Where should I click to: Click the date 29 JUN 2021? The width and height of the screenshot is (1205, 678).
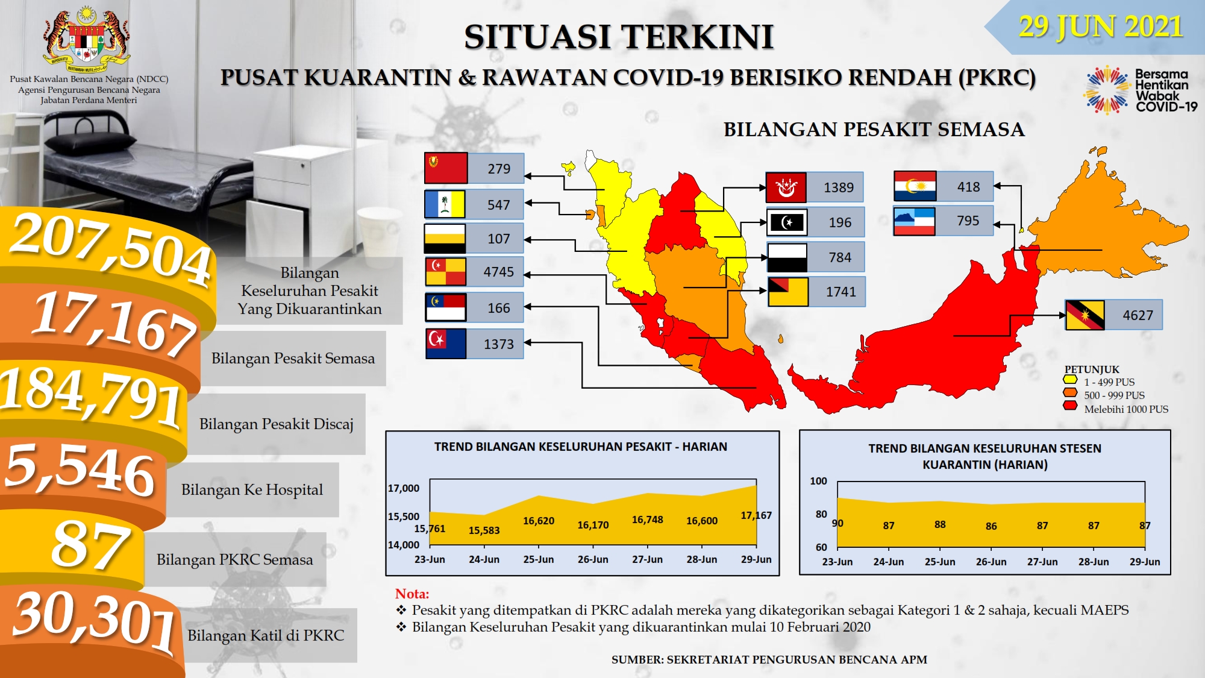pos(1101,27)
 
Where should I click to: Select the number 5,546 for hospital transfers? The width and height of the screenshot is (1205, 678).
pos(80,469)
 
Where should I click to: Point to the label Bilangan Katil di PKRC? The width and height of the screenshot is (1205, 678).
pos(266,635)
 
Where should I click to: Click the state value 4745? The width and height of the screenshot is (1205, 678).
pos(499,272)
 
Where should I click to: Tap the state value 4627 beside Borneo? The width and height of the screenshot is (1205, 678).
pos(1138,315)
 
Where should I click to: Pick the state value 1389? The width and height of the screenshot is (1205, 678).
pos(839,187)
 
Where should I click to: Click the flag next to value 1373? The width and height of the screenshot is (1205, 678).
pos(446,344)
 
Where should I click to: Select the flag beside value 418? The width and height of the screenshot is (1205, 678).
pos(915,186)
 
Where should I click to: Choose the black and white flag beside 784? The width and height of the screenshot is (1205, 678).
pos(787,257)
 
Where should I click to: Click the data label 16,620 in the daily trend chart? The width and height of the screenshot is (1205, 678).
pos(539,521)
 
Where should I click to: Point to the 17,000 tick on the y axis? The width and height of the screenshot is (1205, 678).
pos(404,488)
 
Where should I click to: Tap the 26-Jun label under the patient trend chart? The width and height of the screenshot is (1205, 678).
pos(593,559)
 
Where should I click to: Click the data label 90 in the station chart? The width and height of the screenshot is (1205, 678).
pos(837,523)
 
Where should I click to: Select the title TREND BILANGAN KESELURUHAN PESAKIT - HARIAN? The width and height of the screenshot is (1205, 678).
pos(581,447)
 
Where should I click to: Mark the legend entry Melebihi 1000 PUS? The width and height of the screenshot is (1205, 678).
pos(1126,409)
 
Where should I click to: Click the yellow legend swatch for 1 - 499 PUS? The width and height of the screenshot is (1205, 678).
pos(1070,380)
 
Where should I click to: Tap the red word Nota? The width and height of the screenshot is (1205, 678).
pos(412,594)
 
